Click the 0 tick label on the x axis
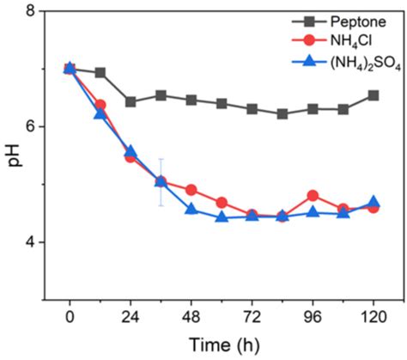tap(70, 314)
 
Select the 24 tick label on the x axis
tap(131, 314)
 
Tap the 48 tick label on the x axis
tap(191, 314)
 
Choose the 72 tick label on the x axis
tap(252, 314)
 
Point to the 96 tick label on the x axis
tap(313, 314)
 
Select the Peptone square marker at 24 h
tap(131, 101)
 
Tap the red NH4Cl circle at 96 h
tap(313, 196)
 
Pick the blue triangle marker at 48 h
tap(191, 210)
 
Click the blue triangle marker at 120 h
tap(374, 203)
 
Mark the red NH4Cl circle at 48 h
tap(191, 190)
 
